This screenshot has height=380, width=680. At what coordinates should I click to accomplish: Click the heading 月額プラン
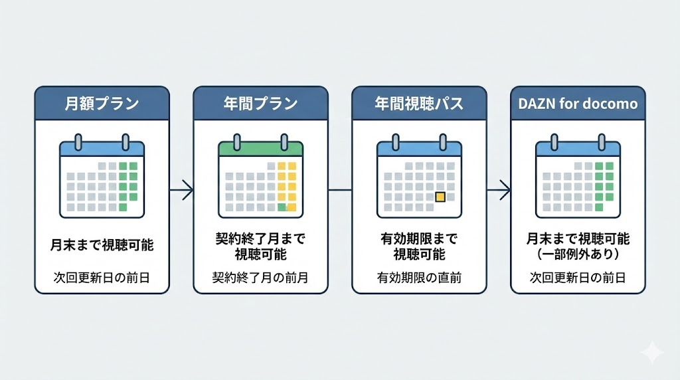click(102, 104)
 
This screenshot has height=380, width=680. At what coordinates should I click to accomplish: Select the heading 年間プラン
click(260, 104)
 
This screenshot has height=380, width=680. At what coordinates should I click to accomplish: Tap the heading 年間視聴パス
click(418, 104)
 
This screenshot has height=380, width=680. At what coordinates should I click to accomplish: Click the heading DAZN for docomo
click(578, 104)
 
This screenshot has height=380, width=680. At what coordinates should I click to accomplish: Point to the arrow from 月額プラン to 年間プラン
click(181, 191)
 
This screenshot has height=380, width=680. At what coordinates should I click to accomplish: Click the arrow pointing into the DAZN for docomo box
click(499, 191)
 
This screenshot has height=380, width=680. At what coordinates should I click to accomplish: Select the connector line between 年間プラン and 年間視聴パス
click(340, 191)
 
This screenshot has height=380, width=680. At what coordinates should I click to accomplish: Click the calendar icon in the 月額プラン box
click(102, 177)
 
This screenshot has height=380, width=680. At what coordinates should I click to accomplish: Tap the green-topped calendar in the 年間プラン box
click(260, 177)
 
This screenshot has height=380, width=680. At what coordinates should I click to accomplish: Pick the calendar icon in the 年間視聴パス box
click(418, 177)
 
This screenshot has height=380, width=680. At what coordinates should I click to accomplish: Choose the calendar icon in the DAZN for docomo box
click(578, 177)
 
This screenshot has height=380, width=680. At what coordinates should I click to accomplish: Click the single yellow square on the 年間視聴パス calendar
click(439, 197)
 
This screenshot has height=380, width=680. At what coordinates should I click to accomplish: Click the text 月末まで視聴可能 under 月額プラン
click(102, 245)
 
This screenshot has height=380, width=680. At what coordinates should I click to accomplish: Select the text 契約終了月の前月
click(260, 278)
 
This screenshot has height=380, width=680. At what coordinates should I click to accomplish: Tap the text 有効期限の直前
click(418, 278)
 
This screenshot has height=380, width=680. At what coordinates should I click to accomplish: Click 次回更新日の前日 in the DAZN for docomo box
click(578, 278)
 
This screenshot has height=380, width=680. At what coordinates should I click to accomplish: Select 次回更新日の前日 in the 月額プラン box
click(102, 278)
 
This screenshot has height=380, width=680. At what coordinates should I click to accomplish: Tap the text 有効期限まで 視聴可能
click(418, 246)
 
